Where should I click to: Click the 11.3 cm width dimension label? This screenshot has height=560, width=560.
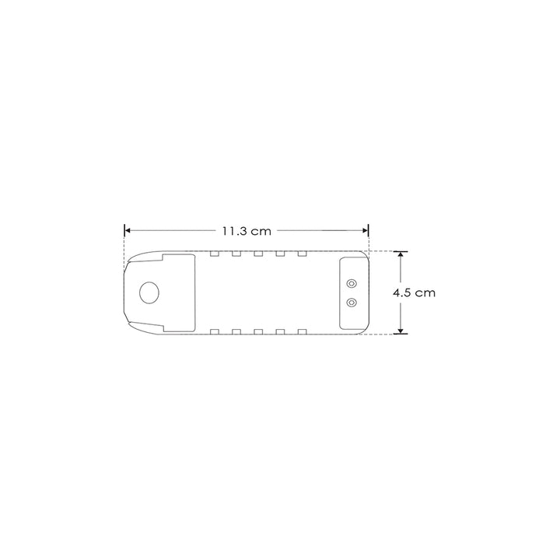(246, 231)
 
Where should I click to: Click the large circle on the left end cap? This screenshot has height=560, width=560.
(149, 292)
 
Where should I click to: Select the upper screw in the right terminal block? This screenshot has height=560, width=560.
(352, 284)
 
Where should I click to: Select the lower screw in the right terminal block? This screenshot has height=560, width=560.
(352, 302)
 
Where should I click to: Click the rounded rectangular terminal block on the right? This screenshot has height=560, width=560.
(352, 292)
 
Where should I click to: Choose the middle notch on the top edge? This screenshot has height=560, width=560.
(257, 254)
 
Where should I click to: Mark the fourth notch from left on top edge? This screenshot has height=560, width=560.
(279, 254)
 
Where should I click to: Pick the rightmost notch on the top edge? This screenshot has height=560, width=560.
(301, 254)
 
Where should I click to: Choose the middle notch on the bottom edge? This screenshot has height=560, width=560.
(257, 332)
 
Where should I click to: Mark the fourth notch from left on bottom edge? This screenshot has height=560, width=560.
(279, 332)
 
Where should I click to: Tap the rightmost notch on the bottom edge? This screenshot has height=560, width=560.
(301, 332)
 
